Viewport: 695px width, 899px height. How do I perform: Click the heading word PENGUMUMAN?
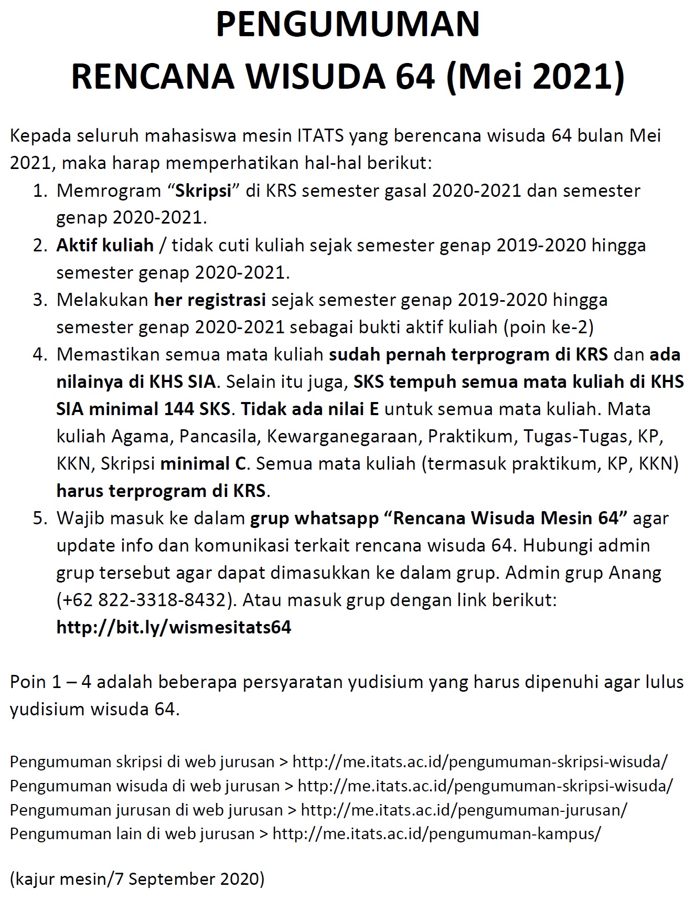(x=347, y=25)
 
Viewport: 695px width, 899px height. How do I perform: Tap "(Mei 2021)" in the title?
(x=534, y=76)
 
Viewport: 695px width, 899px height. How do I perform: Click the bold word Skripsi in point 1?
(x=203, y=191)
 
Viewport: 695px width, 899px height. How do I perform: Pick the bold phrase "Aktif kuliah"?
(x=105, y=245)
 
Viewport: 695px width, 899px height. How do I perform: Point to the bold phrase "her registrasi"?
(x=210, y=300)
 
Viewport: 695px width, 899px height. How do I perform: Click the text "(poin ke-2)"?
(x=548, y=327)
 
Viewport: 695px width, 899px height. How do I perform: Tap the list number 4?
(x=39, y=354)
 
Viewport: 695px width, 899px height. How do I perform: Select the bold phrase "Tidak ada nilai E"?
(x=309, y=409)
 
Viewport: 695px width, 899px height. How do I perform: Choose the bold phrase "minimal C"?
(x=203, y=463)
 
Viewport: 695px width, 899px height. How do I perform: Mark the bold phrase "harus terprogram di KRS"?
(x=162, y=491)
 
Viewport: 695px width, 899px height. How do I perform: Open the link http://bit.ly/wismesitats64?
(x=174, y=627)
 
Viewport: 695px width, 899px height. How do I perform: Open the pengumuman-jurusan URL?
(x=464, y=810)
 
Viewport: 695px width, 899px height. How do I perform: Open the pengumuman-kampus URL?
(x=436, y=834)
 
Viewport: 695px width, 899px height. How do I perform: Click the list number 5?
(x=39, y=518)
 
